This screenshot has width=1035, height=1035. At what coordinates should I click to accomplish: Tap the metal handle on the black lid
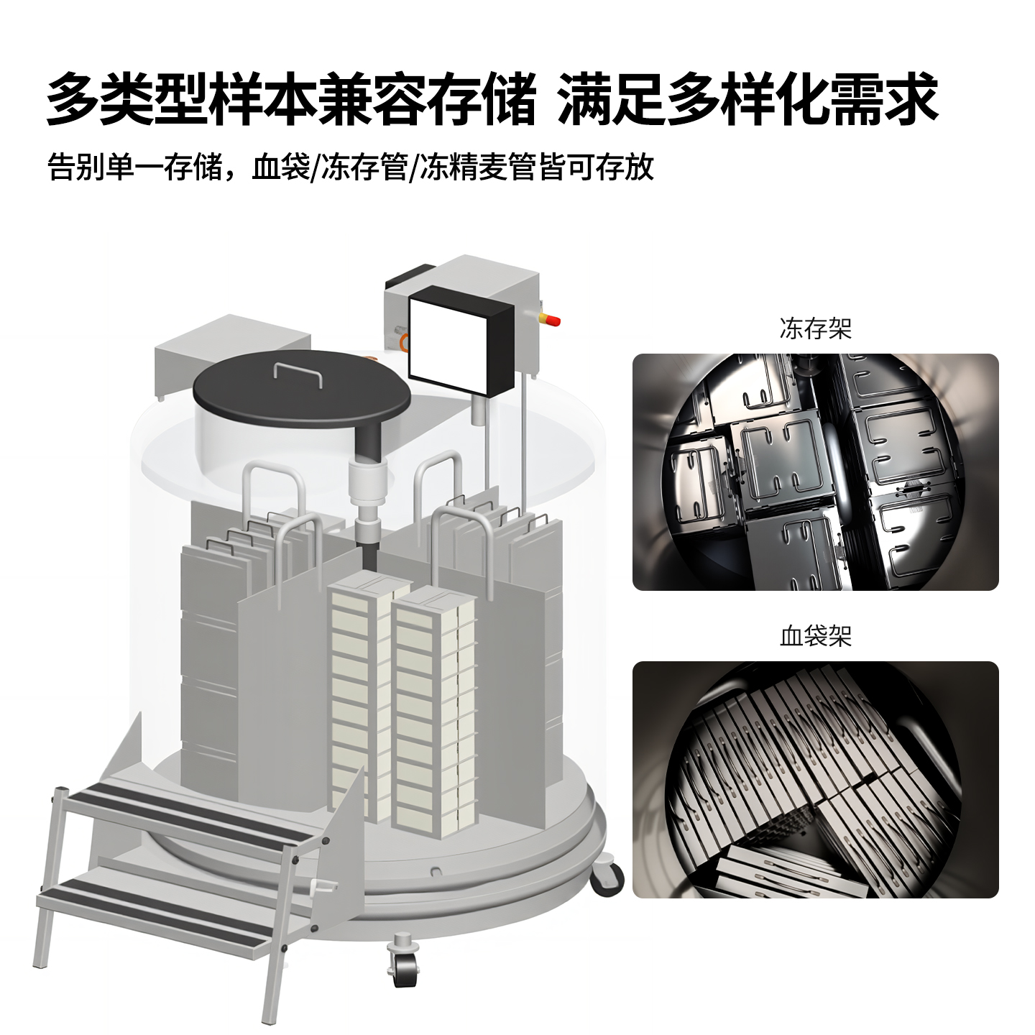298,373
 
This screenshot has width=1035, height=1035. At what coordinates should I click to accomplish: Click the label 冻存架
815,329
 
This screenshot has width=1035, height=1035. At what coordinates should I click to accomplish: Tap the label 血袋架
815,636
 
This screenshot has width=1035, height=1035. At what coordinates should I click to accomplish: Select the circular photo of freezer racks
815,472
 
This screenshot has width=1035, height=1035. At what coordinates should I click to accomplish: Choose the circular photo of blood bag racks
815,780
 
